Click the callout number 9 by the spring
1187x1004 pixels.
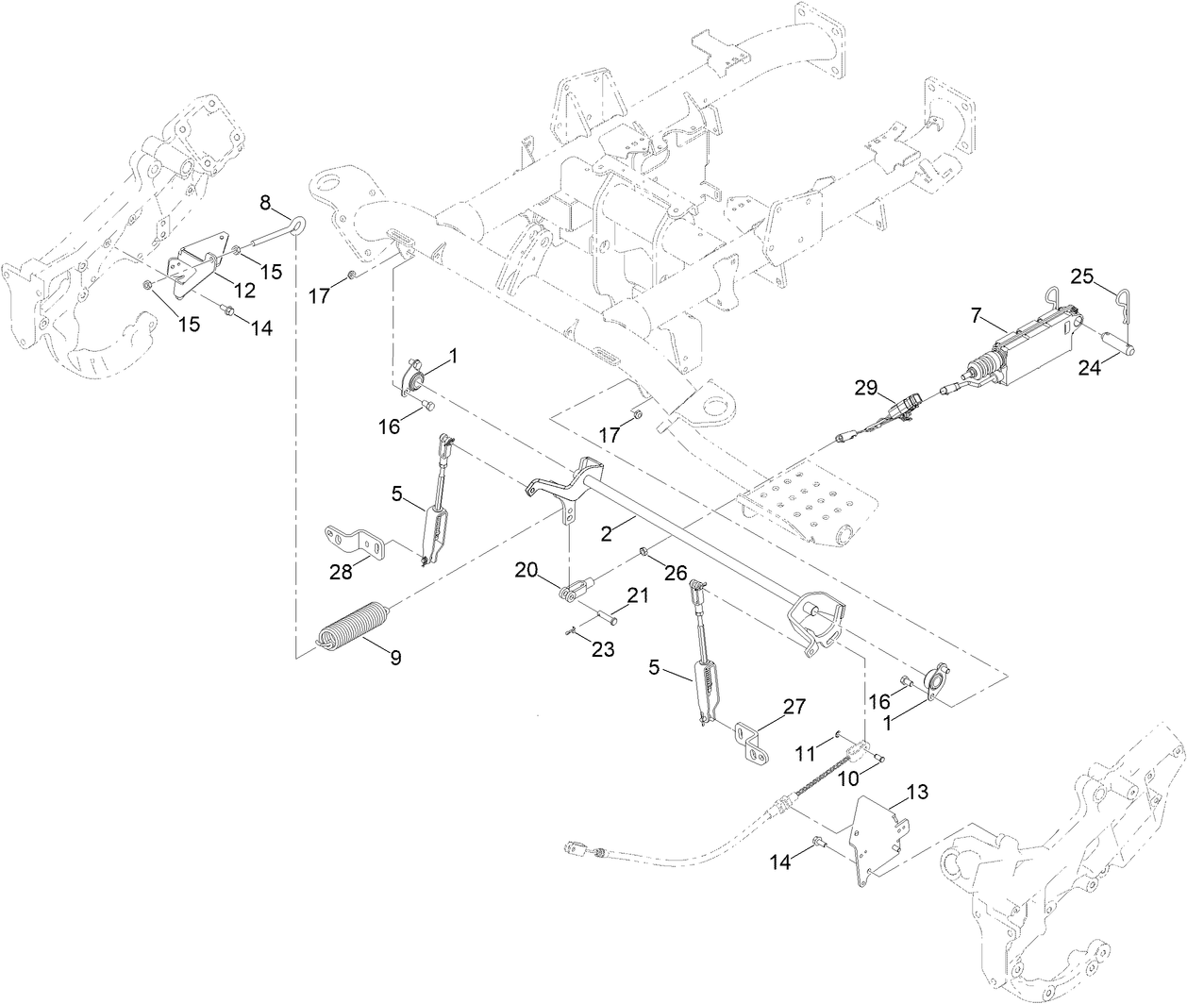click(x=395, y=658)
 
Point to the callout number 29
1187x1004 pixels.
click(x=865, y=387)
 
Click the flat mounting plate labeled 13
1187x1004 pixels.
click(x=876, y=830)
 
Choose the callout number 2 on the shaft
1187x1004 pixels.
click(x=608, y=533)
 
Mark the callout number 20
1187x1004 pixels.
click(x=526, y=570)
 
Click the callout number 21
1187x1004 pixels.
click(x=639, y=596)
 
